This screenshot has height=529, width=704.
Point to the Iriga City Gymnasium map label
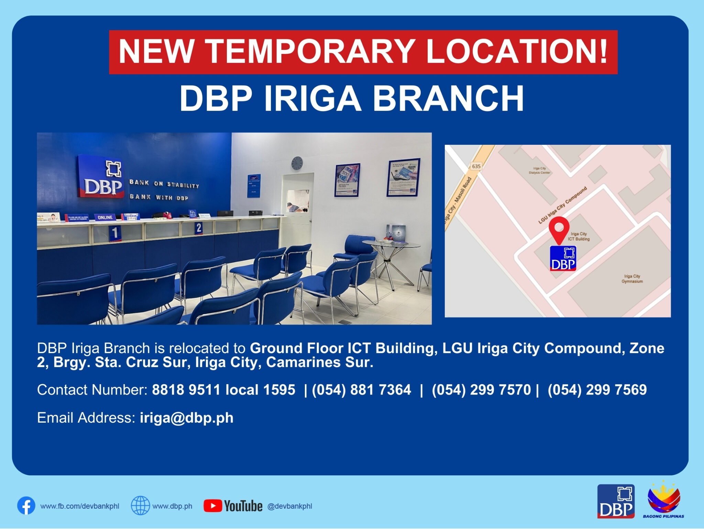632,279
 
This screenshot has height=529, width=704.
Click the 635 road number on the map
476,166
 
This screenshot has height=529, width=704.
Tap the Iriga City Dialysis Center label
539,171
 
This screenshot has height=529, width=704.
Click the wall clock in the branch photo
297,163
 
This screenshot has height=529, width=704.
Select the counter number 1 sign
115,233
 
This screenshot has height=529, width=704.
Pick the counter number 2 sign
198,227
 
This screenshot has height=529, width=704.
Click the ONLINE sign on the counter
105,217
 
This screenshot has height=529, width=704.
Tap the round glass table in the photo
391,245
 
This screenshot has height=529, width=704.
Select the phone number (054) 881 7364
361,390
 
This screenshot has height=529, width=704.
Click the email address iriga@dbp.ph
187,418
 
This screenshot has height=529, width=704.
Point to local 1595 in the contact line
260,390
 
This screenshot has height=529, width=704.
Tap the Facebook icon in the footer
26,506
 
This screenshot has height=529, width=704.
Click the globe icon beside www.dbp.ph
140,506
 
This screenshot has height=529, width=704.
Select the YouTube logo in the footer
233,506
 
